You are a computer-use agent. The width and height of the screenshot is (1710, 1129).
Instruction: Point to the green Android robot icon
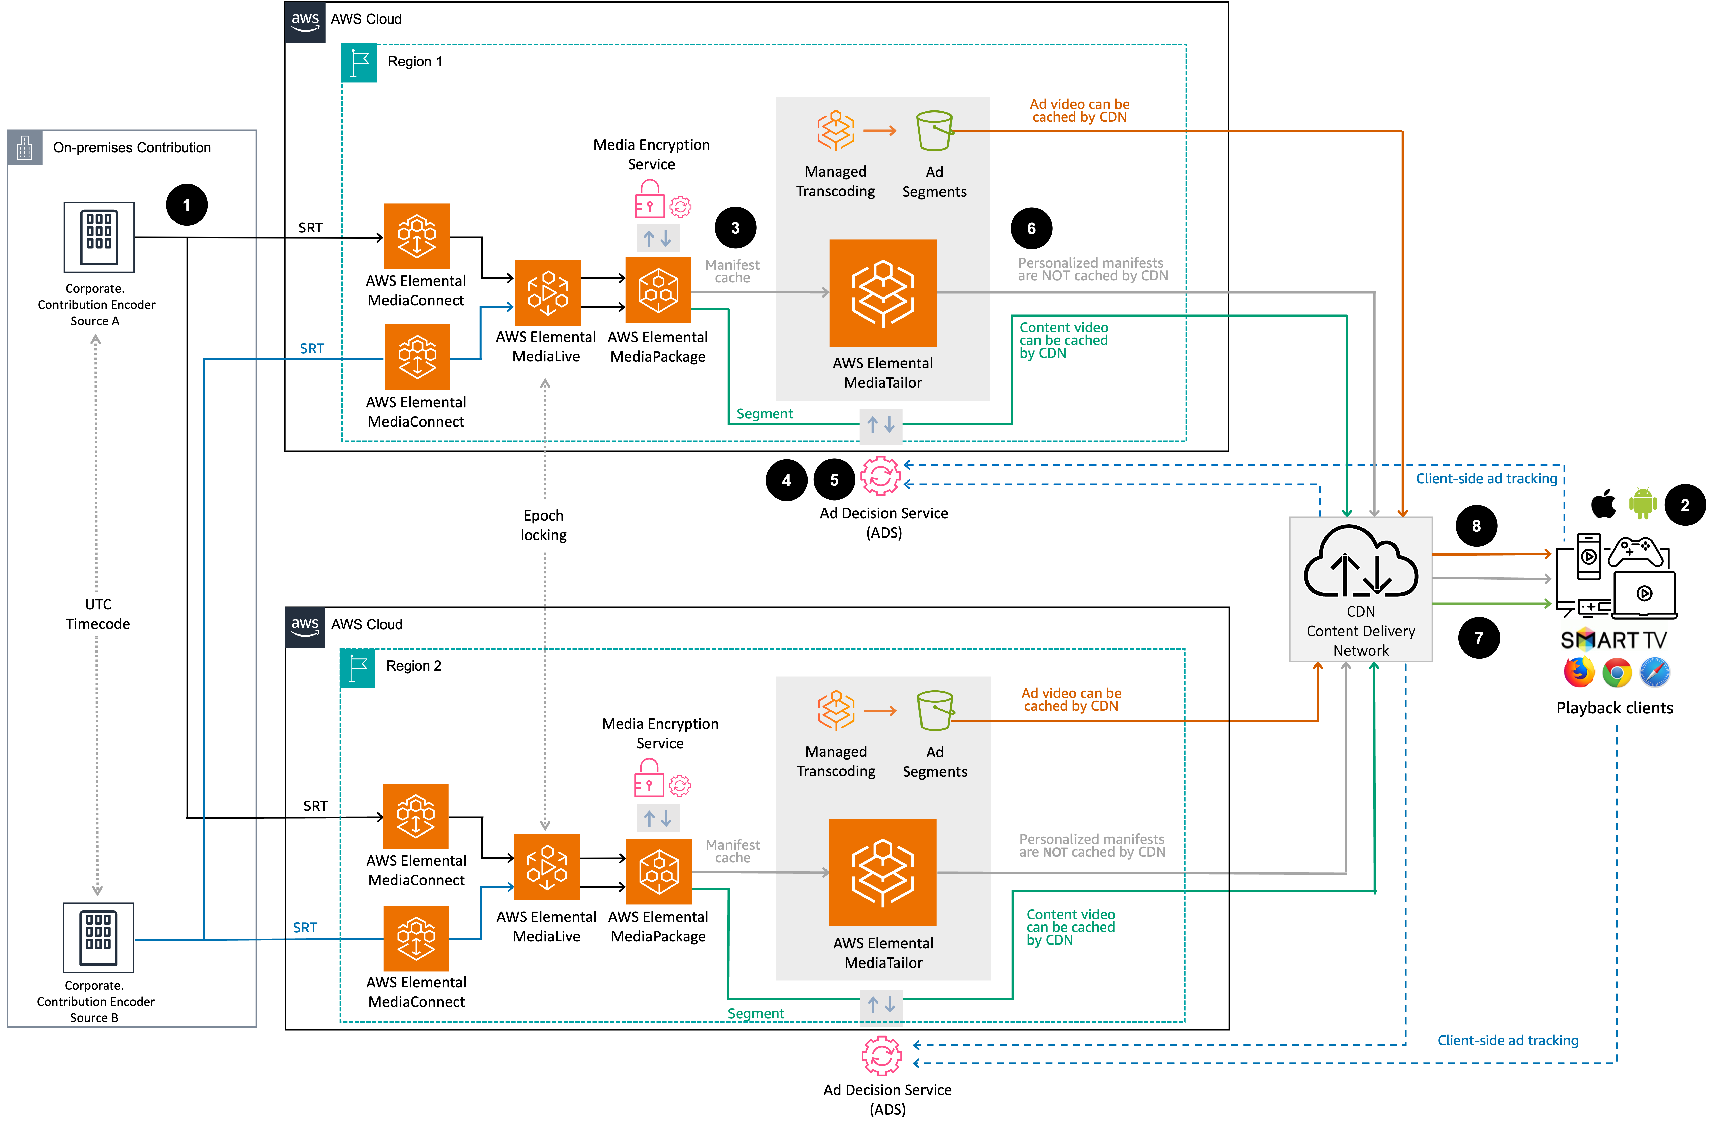1644,503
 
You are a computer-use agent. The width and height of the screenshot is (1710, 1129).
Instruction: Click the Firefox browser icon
1579,673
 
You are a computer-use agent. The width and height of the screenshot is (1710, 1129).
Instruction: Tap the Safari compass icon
1655,673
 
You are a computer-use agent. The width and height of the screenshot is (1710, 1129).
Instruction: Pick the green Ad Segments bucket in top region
934,130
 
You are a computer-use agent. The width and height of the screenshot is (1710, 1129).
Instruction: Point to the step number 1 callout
186,205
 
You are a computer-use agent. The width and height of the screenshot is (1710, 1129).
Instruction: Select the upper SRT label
312,348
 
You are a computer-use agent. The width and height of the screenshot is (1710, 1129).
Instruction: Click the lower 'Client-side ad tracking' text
1508,1041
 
